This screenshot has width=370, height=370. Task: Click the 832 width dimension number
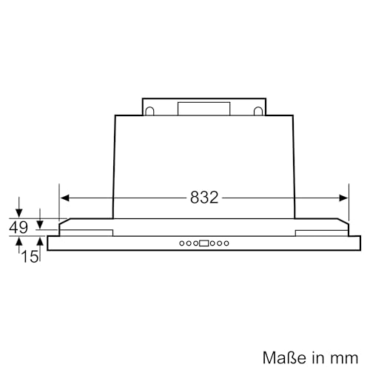coord(204,198)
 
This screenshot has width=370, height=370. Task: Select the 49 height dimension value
coord(18,228)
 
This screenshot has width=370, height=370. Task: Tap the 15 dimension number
coord(30,256)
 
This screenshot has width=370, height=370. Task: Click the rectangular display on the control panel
coord(204,242)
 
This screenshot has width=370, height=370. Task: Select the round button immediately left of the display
coord(195,242)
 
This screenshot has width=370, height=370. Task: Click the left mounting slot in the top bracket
coord(150,112)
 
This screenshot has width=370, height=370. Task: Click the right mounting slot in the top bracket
coord(258,112)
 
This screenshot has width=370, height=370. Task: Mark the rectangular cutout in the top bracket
coord(204,108)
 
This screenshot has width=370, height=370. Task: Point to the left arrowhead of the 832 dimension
coord(64,198)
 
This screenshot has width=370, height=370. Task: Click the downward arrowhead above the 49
coord(19,212)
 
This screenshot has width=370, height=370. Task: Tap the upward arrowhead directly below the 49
coord(19,240)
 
